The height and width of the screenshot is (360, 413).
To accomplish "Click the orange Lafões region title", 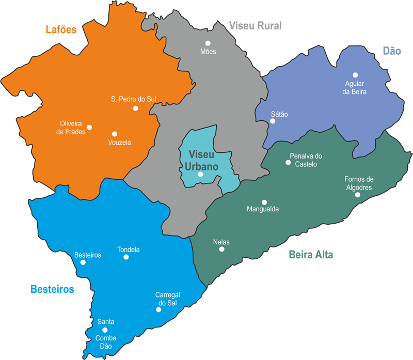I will point(61,29).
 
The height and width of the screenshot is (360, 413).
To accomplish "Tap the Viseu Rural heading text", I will point(255,26).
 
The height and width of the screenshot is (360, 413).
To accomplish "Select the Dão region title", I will point(391,51).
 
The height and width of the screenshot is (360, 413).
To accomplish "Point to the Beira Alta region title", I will point(311,255).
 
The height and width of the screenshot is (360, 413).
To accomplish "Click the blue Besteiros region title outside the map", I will point(52,289).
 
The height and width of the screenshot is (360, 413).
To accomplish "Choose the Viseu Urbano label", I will point(203,160).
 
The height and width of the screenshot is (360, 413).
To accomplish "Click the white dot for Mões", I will point(208,43).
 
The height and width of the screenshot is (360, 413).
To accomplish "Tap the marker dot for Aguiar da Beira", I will point(355,75).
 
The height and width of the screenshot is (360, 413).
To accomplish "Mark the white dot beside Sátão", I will point(273,121).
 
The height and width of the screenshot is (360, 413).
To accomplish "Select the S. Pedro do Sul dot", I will point(135,108).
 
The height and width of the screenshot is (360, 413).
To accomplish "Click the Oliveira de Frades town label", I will point(72,128).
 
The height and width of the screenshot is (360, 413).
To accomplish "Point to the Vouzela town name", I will point(119,143).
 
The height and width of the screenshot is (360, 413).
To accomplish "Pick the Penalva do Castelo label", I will point(306,160).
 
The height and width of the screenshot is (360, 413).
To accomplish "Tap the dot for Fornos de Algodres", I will point(357,195).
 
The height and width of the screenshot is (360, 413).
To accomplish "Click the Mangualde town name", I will point(263,209).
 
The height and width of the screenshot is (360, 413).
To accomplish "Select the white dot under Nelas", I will point(221,249).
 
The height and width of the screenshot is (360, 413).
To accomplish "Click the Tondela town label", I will point(129,249).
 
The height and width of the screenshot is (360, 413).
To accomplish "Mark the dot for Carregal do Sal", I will point(158,310).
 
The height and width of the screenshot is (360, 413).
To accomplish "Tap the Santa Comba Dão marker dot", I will point(105,330).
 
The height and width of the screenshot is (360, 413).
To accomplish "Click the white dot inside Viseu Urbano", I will point(200,174).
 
